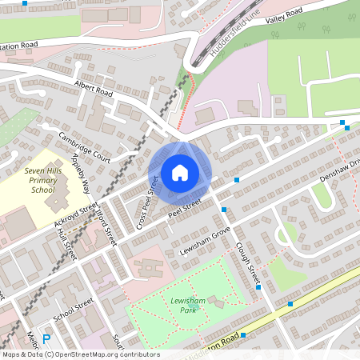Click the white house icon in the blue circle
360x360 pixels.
[x=180, y=173]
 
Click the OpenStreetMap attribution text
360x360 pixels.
[x=80, y=354]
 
